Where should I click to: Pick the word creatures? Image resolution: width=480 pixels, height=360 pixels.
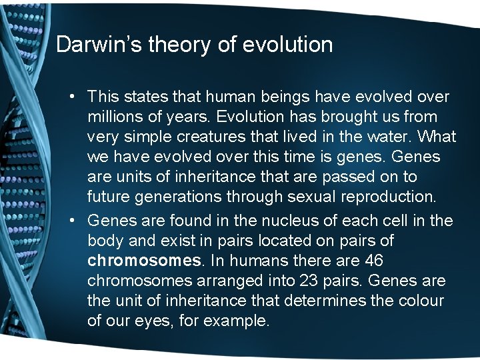point(217,137)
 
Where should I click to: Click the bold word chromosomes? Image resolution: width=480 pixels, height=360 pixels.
point(144,260)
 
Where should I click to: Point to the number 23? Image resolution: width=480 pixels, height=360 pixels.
point(313,281)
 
